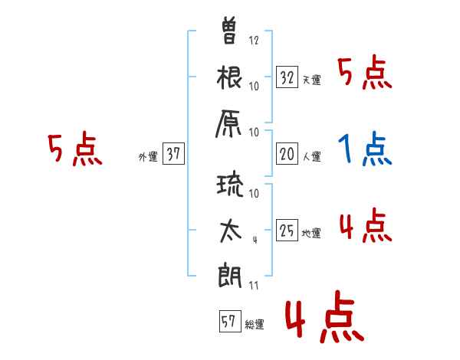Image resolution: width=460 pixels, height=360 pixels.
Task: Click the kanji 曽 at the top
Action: tap(229, 31)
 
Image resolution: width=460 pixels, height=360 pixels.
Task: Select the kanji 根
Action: tap(229, 77)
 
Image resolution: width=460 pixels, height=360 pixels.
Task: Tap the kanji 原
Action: tap(228, 124)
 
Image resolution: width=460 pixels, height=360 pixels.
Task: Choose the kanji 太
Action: tap(230, 231)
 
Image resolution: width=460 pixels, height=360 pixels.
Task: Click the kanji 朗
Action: tap(230, 276)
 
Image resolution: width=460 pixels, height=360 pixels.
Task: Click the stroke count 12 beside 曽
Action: tap(254, 40)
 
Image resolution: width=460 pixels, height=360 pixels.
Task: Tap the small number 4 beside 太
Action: tap(255, 240)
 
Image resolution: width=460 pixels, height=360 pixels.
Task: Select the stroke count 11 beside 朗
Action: tap(254, 285)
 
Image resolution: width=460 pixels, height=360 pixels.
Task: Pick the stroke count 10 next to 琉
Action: tap(254, 193)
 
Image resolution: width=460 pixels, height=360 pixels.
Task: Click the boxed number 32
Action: tap(287, 77)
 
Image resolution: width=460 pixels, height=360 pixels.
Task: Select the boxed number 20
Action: tap(287, 154)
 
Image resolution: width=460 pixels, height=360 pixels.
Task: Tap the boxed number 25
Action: tap(287, 230)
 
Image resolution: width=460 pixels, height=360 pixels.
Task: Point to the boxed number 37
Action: tap(173, 153)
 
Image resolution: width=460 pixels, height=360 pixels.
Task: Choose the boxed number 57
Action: tap(230, 321)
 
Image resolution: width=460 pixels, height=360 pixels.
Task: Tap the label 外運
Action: tap(148, 157)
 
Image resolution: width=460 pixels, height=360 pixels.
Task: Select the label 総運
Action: tap(255, 325)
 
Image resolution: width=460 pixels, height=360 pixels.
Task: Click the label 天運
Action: tap(312, 80)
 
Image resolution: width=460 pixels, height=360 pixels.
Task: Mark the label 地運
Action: tap(311, 234)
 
